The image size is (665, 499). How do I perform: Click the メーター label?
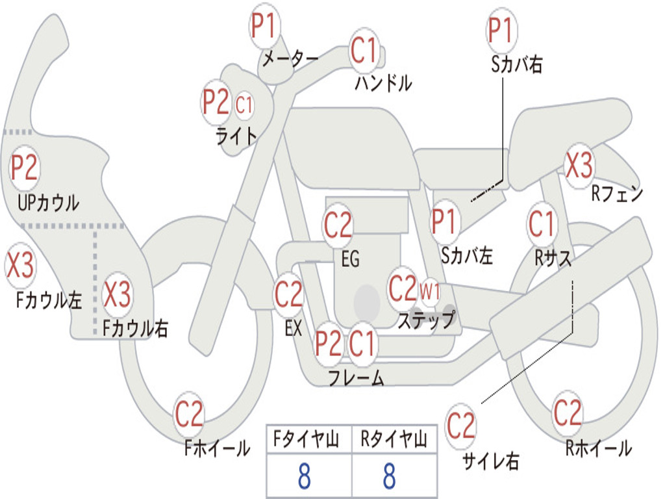290,58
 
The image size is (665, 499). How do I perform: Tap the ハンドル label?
383,83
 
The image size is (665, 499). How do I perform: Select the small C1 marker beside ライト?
244,105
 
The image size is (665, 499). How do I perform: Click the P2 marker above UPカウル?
25,167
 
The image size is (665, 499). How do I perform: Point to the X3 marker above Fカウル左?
19,265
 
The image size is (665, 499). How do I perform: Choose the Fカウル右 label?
135,328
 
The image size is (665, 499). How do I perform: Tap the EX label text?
293,328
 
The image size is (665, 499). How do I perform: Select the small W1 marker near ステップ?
430,292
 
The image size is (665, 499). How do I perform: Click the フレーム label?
357,377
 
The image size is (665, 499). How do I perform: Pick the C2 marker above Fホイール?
189,414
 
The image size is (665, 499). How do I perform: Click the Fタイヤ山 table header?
306,439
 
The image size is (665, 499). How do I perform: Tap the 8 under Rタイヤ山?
390,476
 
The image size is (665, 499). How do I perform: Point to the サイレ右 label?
491,461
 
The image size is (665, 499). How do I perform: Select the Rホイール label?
598,448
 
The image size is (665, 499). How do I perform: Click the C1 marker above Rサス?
542,224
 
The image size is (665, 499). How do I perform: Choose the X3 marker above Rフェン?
579,165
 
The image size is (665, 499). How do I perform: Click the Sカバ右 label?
516,64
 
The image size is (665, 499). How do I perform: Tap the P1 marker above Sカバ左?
444,222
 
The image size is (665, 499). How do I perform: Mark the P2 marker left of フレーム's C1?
328,343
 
